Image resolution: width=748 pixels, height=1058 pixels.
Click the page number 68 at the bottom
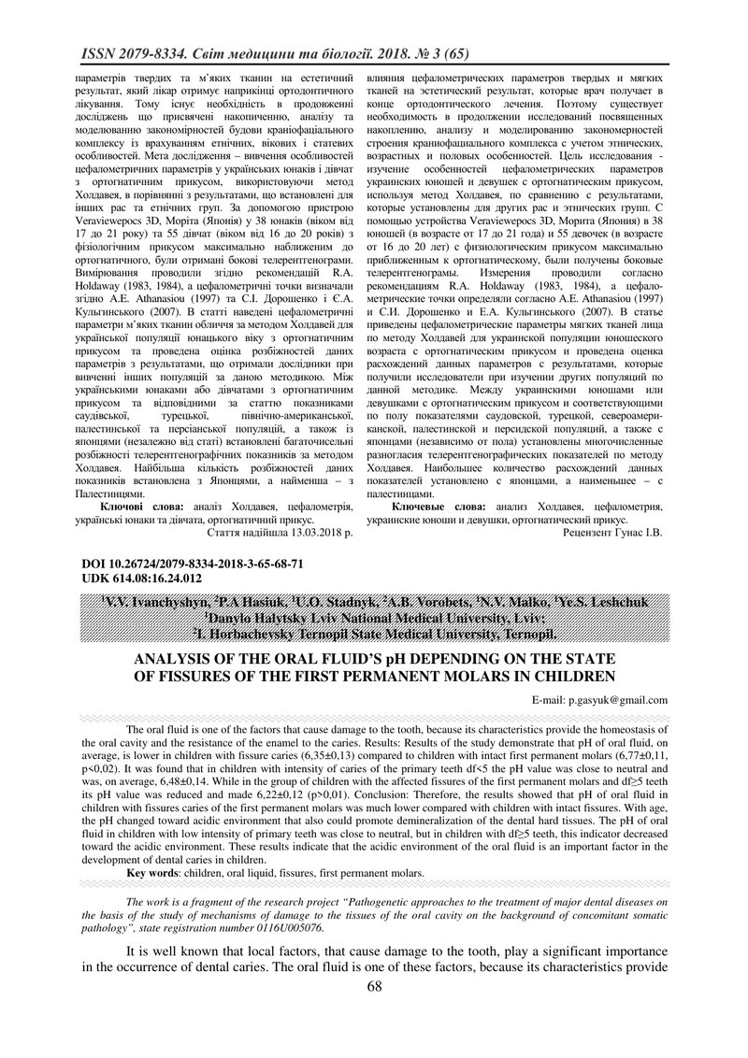click(374, 1038)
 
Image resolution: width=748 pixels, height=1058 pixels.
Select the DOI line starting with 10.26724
click(155, 565)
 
